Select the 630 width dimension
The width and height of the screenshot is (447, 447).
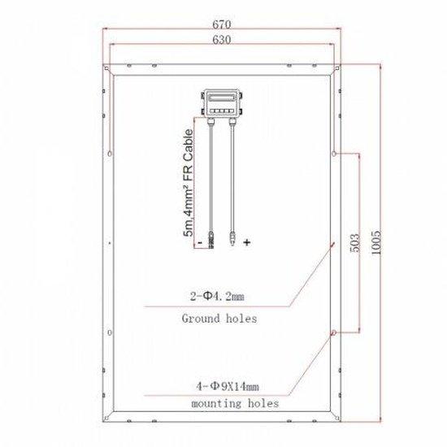(219, 39)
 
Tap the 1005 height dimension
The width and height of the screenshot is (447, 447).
(376, 241)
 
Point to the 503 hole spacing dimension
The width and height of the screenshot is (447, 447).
(351, 241)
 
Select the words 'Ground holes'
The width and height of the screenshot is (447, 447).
(219, 319)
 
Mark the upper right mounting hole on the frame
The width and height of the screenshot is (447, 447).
(334, 152)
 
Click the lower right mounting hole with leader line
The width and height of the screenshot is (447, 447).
(334, 332)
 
